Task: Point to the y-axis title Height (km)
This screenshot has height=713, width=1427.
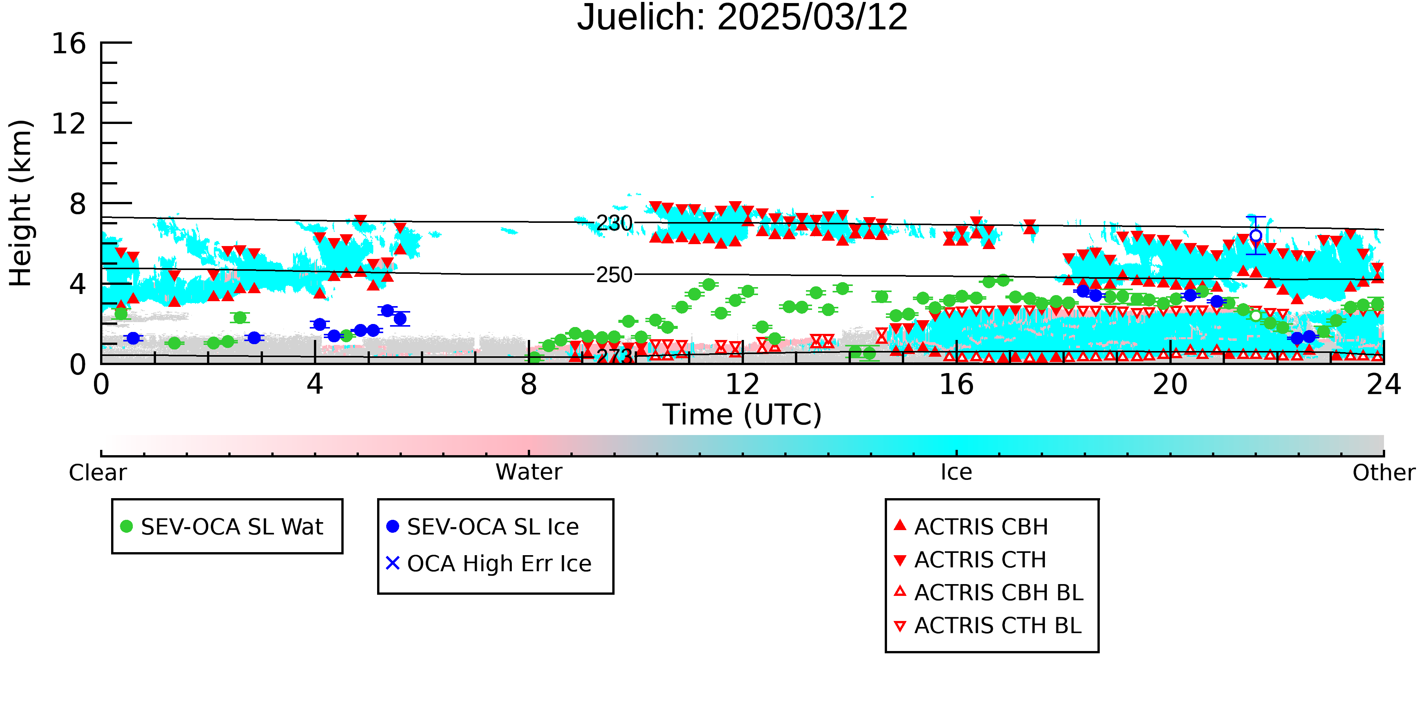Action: [21, 203]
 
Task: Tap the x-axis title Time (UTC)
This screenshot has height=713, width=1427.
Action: [742, 414]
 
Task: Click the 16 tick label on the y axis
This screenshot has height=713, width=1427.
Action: [69, 43]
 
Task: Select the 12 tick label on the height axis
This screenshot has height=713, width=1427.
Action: [69, 124]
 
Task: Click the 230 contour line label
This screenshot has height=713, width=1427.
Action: [614, 224]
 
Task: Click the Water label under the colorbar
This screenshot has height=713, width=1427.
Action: [529, 472]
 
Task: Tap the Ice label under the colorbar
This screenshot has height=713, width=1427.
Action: [957, 472]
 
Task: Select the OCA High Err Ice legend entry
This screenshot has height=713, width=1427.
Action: [489, 564]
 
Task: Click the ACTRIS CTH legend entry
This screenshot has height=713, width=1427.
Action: [970, 560]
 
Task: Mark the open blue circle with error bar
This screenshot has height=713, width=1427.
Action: [1256, 236]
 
